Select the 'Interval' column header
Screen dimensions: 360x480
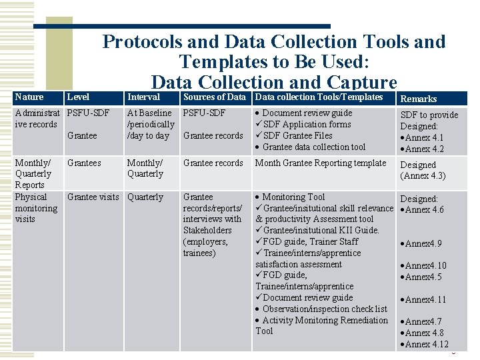coord(143,97)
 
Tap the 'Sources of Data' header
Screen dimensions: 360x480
coord(214,97)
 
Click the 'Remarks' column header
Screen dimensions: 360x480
coord(418,99)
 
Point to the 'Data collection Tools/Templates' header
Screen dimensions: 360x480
coord(319,97)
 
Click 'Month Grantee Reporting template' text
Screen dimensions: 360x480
coord(321,163)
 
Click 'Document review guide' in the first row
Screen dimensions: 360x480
coord(307,113)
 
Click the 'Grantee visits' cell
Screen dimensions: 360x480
coord(93,197)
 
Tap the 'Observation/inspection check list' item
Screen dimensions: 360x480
coord(324,309)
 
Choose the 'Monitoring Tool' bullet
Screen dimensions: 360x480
coord(293,197)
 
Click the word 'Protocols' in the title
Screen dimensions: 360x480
coord(142,41)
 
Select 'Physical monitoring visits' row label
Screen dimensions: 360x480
coord(36,208)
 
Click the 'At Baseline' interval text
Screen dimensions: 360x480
coord(149,113)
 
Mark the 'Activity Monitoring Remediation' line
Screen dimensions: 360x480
coord(325,321)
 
